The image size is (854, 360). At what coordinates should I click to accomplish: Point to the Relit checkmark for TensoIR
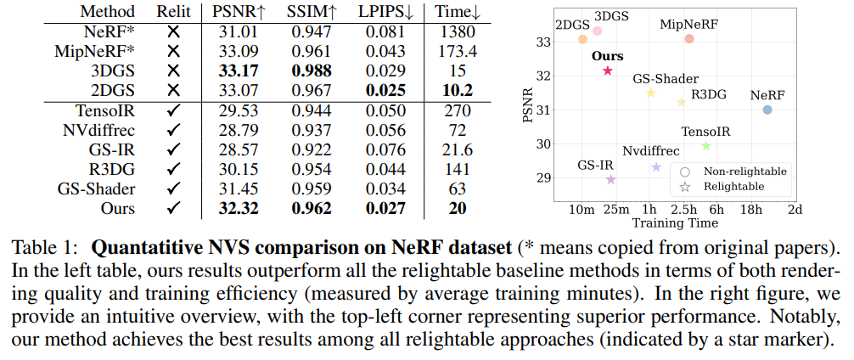[174, 110]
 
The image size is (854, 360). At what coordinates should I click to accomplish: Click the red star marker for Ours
[608, 71]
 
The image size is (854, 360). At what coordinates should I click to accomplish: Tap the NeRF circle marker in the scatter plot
[767, 110]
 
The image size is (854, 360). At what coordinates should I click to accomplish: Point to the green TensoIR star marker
[705, 146]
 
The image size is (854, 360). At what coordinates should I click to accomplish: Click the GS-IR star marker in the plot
[611, 179]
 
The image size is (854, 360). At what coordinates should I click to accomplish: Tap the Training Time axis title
[675, 223]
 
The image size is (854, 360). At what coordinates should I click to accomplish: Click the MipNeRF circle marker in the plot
[689, 39]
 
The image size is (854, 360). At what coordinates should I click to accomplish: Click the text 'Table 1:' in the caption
[44, 249]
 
